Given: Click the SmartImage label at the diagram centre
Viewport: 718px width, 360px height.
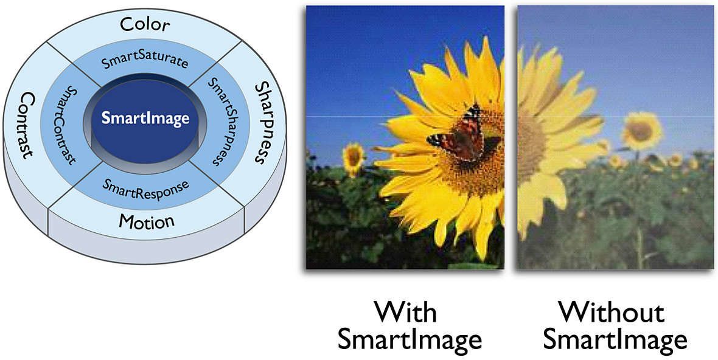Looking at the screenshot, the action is pyautogui.click(x=145, y=119).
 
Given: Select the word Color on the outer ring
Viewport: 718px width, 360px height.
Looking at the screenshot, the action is pyautogui.click(x=145, y=25).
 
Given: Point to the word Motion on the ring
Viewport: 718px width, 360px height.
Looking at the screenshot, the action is pyautogui.click(x=147, y=222).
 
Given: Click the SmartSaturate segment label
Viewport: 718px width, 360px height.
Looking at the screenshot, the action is pyautogui.click(x=145, y=60).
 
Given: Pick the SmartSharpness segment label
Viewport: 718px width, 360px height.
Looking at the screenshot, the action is pyautogui.click(x=219, y=121).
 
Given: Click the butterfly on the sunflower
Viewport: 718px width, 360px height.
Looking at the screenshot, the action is pyautogui.click(x=459, y=134).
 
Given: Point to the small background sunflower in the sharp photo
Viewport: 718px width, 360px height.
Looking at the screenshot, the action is pyautogui.click(x=353, y=158).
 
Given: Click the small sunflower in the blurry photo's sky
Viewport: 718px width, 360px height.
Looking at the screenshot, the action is pyautogui.click(x=641, y=131).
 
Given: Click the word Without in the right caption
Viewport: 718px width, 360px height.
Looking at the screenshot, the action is pyautogui.click(x=612, y=313).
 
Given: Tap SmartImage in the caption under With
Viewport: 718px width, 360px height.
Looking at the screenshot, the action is pyautogui.click(x=410, y=341).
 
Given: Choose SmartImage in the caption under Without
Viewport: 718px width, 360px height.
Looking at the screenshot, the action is pyautogui.click(x=615, y=341).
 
